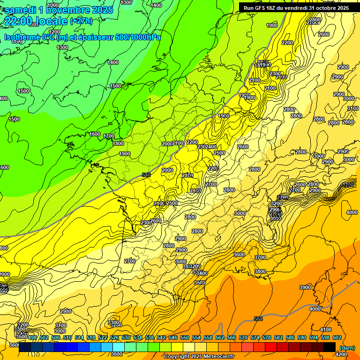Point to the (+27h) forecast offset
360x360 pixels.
pos(81,21)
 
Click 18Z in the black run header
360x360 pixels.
pos(274,8)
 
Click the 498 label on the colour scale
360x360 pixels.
pos(32,337)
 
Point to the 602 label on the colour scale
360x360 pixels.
pos(337,337)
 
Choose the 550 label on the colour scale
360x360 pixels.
pos(185,337)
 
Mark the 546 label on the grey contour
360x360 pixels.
pos(146,175)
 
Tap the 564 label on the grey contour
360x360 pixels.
pos(258,319)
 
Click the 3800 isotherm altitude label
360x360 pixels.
pos(260,271)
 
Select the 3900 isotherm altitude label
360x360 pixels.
pos(305,287)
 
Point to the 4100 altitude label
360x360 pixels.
pos(325,330)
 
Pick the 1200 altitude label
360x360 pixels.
pos(55,32)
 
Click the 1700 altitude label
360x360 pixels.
pos(109,136)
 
